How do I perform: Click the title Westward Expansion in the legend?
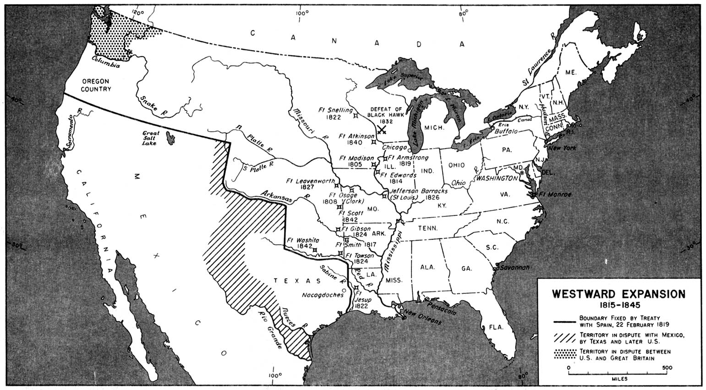tap(618, 294)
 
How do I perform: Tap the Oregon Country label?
tap(96, 85)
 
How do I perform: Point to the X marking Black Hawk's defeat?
tap(381, 130)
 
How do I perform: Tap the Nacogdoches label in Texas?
tap(323, 295)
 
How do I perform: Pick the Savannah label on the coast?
tap(514, 267)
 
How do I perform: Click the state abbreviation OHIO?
tap(456, 165)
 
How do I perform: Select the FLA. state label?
tap(496, 327)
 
